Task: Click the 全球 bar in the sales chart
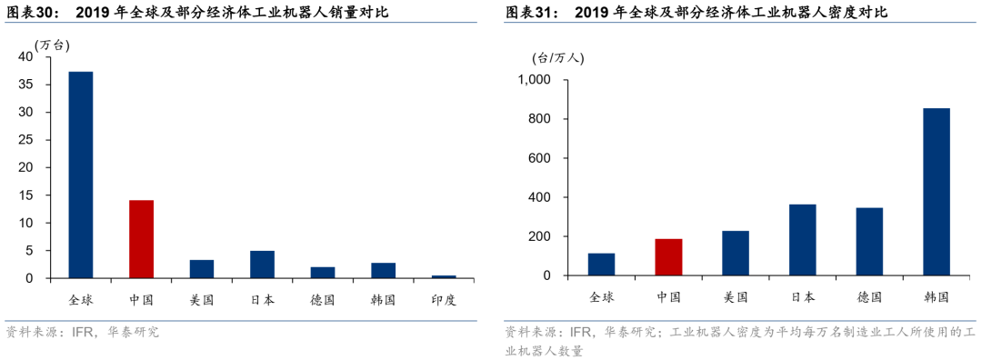(x=81, y=175)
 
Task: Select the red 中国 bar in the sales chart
(x=141, y=239)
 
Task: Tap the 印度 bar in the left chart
(x=444, y=276)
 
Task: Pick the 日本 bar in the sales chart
(x=262, y=265)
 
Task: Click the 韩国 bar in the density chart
(x=936, y=192)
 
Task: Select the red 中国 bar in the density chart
(x=668, y=257)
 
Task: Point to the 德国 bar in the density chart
(x=869, y=242)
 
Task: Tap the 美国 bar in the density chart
(x=736, y=254)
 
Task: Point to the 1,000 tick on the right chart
(x=534, y=80)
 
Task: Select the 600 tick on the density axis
(x=541, y=158)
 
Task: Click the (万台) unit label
(x=53, y=45)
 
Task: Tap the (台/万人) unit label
(x=558, y=57)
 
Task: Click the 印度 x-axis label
(x=444, y=298)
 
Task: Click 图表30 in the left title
(x=33, y=12)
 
